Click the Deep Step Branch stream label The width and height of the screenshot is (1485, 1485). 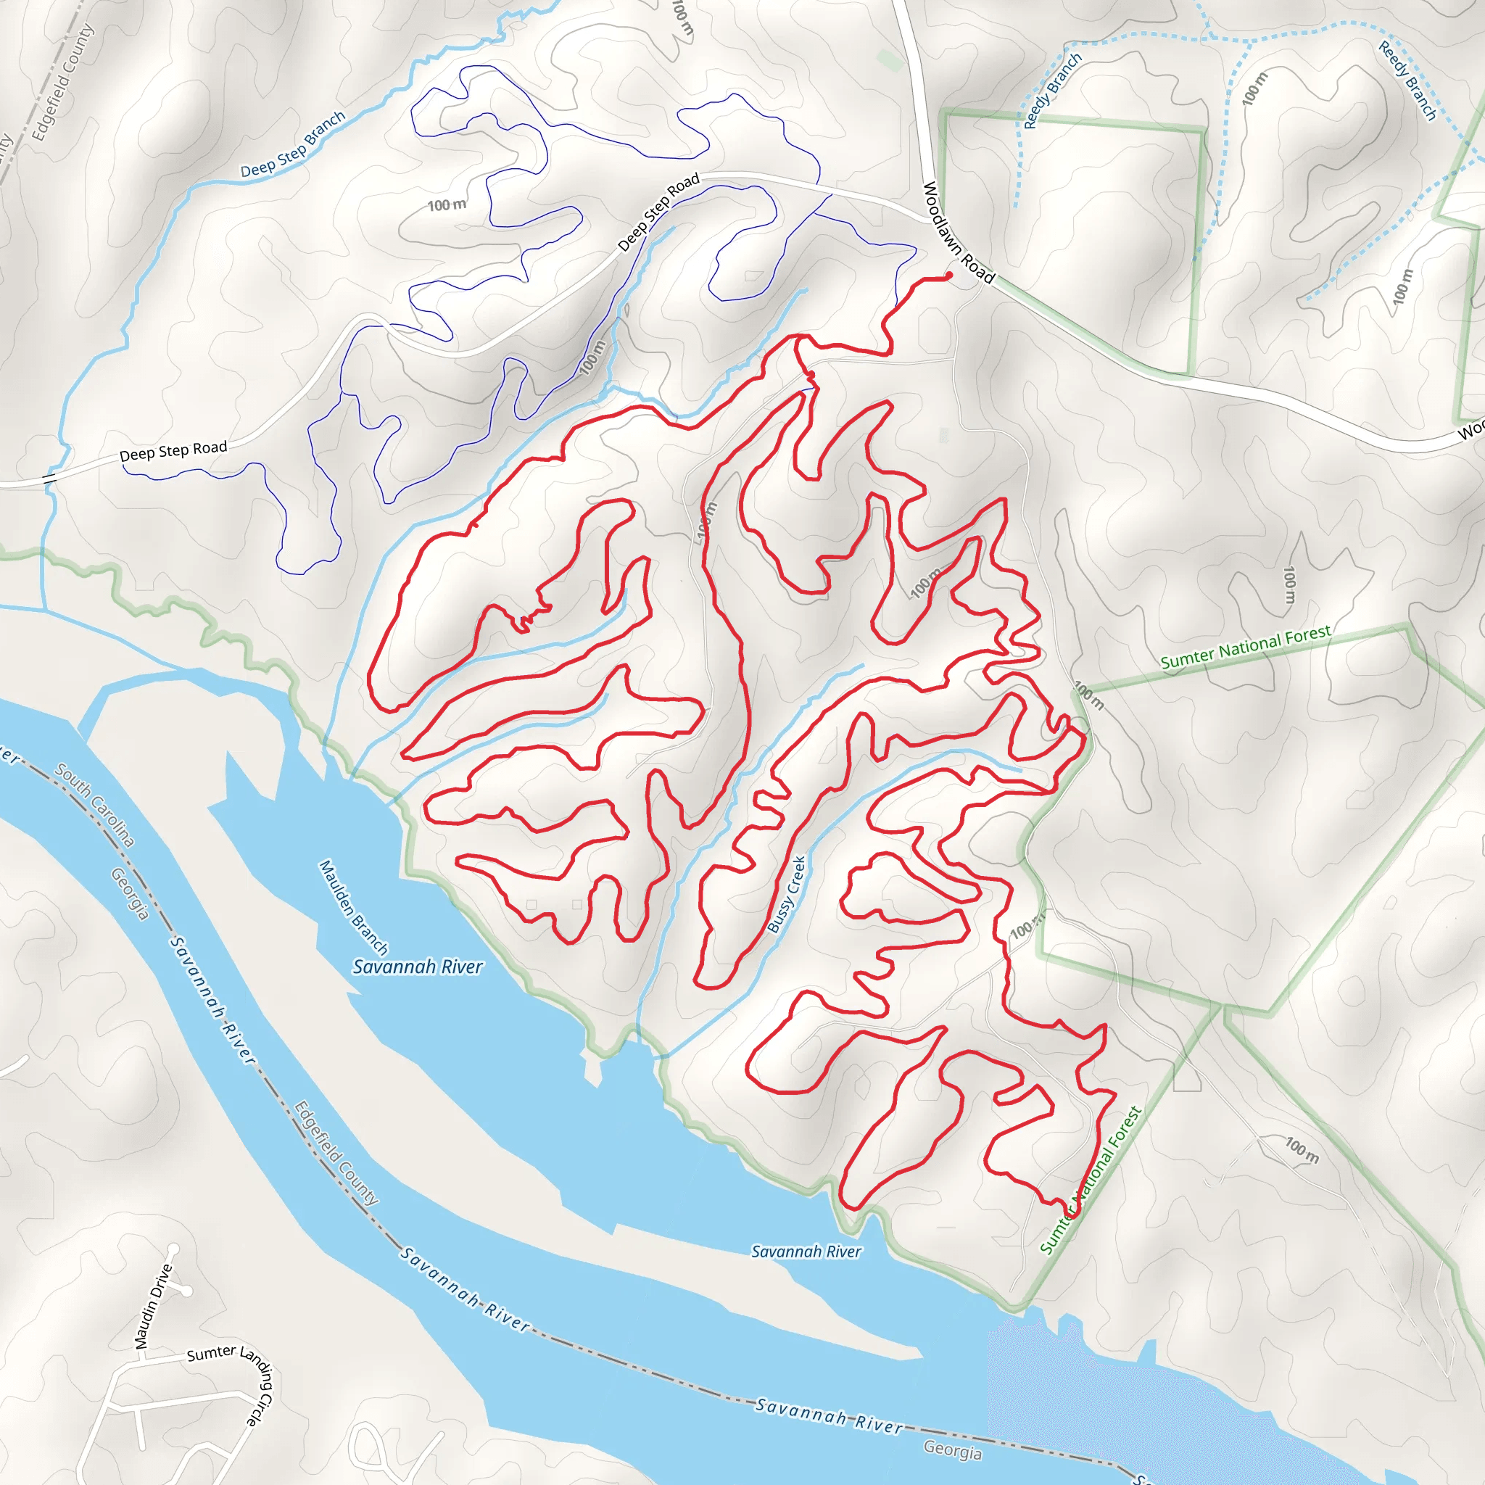293,144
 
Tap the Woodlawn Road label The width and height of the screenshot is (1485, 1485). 958,232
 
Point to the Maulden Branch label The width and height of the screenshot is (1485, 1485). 354,907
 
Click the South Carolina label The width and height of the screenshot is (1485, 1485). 94,804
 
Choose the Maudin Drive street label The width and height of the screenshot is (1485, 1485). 153,1306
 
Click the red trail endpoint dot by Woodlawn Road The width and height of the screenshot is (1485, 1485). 949,275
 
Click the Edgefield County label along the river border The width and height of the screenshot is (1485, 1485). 336,1153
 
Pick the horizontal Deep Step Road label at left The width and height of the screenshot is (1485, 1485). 173,451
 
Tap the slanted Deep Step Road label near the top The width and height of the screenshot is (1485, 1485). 658,212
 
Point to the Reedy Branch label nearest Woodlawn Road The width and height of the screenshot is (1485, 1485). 1052,91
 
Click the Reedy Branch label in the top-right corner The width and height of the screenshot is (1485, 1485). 1407,80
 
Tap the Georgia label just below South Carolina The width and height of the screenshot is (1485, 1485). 129,893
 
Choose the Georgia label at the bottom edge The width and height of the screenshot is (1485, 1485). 952,1449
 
